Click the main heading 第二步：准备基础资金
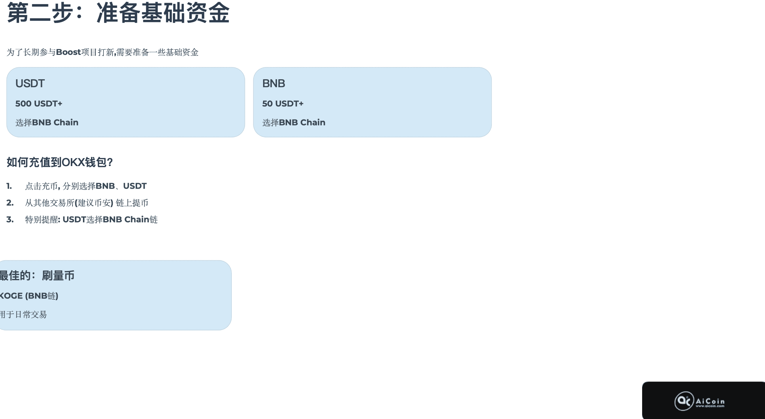point(118,13)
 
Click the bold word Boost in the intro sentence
point(68,52)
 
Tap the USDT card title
point(30,83)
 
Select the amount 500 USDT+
point(39,104)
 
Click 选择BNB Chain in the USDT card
point(47,122)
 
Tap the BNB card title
point(274,83)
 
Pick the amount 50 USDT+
point(283,104)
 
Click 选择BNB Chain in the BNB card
point(294,122)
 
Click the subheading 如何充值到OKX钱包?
point(60,162)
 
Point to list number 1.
point(9,186)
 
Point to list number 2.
point(10,203)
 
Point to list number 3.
point(10,220)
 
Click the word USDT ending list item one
point(135,186)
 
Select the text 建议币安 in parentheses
point(94,203)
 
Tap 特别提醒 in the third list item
point(42,220)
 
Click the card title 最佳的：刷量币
point(37,276)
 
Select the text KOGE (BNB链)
point(29,296)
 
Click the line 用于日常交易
point(23,314)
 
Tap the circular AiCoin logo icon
point(684,401)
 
